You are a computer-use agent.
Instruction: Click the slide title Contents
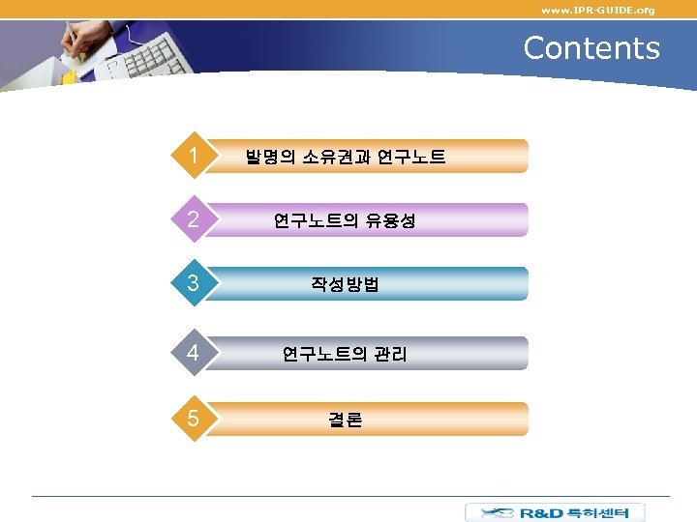point(591,47)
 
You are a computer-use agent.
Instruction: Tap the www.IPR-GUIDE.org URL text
point(597,10)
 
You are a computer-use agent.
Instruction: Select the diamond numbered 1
point(195,156)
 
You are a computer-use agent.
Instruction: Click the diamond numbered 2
point(195,219)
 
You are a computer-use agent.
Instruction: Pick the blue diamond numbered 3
point(195,283)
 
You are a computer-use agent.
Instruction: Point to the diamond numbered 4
point(195,353)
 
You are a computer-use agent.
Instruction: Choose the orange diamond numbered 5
point(195,419)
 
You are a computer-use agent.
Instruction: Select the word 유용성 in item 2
point(391,220)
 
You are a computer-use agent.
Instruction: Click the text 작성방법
point(345,284)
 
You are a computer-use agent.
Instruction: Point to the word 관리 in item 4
point(390,354)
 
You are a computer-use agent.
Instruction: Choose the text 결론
point(345,420)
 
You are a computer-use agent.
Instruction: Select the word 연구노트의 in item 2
point(318,220)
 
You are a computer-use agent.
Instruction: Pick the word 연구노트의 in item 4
point(325,354)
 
